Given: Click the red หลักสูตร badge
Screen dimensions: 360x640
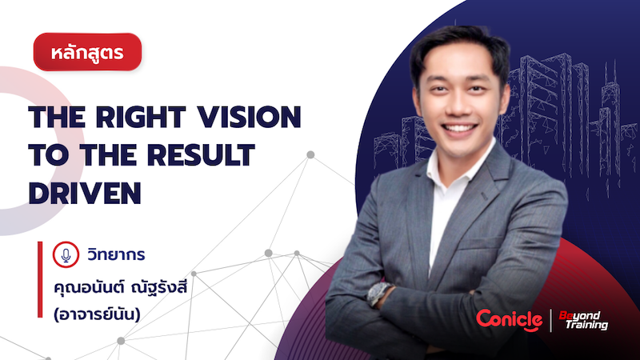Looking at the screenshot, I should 88,53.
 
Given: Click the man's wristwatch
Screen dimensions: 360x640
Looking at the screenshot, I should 381,294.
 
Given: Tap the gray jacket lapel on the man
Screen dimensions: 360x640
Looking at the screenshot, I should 488,200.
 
